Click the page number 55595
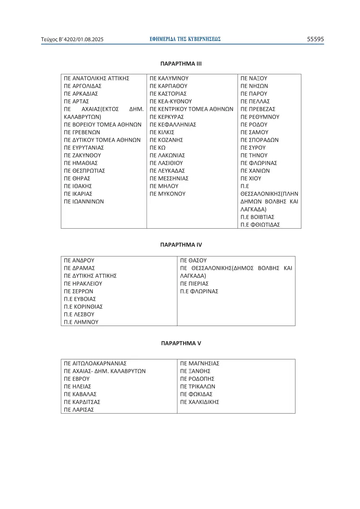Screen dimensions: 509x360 pyautogui.click(x=315, y=39)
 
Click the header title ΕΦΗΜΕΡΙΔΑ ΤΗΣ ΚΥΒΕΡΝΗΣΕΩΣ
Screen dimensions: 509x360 pyautogui.click(x=185, y=39)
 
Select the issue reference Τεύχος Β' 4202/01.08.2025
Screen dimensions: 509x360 pyautogui.click(x=72, y=40)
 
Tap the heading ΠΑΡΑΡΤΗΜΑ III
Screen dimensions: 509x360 pyautogui.click(x=181, y=64)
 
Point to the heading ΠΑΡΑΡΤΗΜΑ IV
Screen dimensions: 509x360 pyautogui.click(x=181, y=245)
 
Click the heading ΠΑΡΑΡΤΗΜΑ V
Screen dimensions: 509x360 pyautogui.click(x=181, y=343)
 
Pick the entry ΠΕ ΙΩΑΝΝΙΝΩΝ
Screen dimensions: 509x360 pyautogui.click(x=84, y=202)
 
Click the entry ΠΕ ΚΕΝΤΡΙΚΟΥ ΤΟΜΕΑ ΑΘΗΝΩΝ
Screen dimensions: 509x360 pyautogui.click(x=191, y=109)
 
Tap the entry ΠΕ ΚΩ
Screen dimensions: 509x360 pyautogui.click(x=158, y=148)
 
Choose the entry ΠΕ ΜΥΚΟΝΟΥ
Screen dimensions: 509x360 pyautogui.click(x=167, y=194)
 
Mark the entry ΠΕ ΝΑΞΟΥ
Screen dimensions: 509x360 pyautogui.click(x=254, y=78)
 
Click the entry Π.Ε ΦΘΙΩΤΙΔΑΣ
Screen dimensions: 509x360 pyautogui.click(x=260, y=225)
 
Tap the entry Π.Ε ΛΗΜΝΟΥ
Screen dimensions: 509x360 pyautogui.click(x=81, y=322)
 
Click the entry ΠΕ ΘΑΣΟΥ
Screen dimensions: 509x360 pyautogui.click(x=193, y=260)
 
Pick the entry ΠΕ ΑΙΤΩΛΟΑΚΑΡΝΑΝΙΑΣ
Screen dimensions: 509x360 pyautogui.click(x=95, y=363)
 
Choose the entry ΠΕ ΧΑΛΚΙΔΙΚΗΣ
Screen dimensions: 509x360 pyautogui.click(x=199, y=402)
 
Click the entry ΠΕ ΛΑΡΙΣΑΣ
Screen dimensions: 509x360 pyautogui.click(x=79, y=410)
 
